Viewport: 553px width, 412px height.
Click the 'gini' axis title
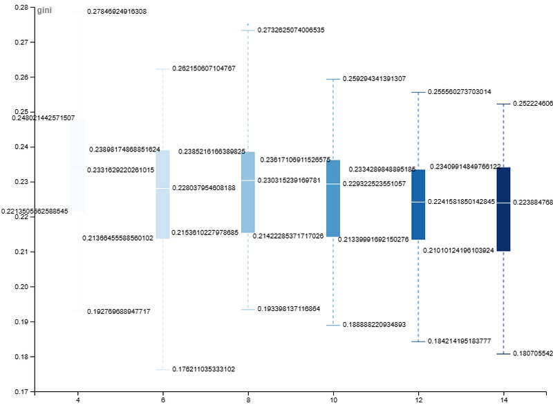44,12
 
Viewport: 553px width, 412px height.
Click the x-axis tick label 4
77,400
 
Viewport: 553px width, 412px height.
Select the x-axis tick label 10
333,400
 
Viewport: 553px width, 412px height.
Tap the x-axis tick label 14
504,400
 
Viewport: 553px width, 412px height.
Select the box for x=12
418,205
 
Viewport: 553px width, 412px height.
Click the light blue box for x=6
162,194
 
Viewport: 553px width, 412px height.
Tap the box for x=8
247,192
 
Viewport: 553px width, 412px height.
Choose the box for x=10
333,198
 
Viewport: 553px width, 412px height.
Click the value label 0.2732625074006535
291,30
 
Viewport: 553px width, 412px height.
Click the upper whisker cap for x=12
418,92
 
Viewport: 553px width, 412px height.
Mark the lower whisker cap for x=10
333,325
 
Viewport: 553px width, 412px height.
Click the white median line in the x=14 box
503,203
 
